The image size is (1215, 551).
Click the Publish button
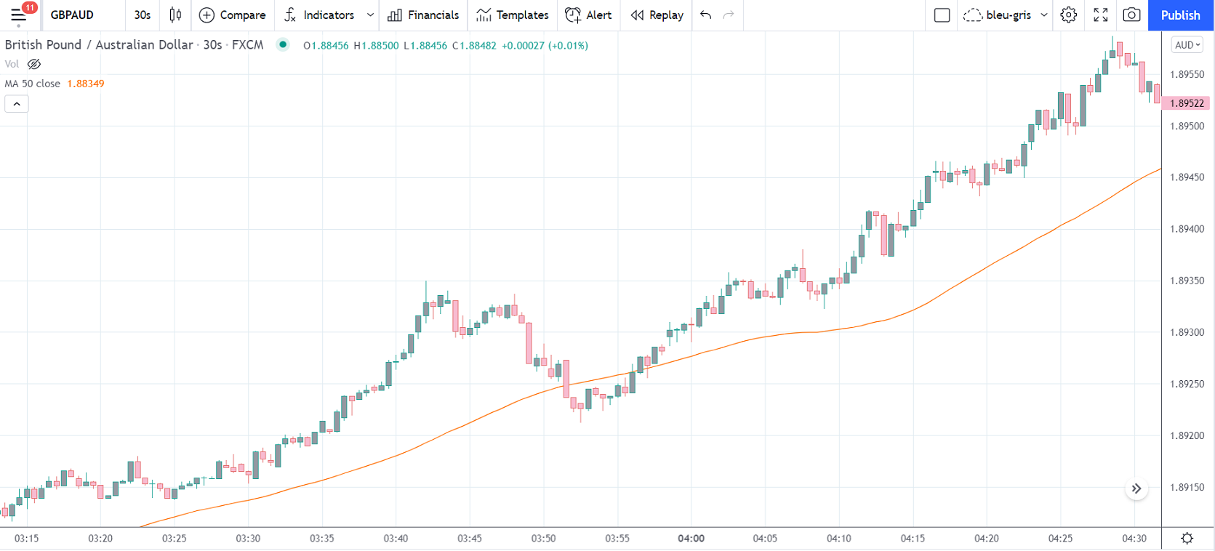1180,15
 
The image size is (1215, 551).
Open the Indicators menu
320,15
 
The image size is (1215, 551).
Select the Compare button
233,15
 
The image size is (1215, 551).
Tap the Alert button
589,15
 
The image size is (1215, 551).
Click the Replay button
657,15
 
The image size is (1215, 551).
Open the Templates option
513,15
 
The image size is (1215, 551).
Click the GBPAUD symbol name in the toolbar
72,15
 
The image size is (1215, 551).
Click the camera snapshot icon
1131,15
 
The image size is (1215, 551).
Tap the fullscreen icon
1101,15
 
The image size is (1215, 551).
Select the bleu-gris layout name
1008,15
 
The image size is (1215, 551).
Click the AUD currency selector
1187,45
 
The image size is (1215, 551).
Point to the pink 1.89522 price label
1187,103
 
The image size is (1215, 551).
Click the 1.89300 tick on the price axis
1187,332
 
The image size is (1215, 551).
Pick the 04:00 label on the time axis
691,539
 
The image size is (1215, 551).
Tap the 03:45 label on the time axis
470,539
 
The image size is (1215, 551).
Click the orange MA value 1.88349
86,84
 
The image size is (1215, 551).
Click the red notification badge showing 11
30,7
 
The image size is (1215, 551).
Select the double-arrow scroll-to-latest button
1136,489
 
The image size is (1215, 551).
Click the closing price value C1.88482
474,46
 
